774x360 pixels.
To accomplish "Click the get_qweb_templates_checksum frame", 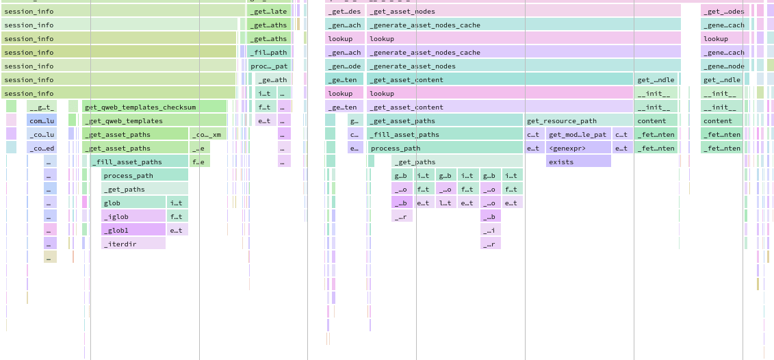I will pos(154,107).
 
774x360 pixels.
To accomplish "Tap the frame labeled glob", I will pos(133,203).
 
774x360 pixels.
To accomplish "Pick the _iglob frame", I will pos(133,216).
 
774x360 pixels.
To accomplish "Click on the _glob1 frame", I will pos(133,230).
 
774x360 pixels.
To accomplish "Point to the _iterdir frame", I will pos(133,244).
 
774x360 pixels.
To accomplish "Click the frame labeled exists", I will pos(578,162).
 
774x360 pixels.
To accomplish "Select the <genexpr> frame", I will pos(578,148).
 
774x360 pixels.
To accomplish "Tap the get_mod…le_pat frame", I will pos(578,134).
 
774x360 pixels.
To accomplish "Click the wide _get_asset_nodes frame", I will pos(524,11).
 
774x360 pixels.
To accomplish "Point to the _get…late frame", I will pos(269,11).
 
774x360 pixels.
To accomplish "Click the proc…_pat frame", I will pos(269,66).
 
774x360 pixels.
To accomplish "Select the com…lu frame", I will pos(42,120).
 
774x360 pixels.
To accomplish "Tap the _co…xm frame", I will pos(208,134).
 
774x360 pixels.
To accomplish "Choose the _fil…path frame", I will pos(269,52).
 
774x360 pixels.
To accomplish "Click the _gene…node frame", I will pos(723,66).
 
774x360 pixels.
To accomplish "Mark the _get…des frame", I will pos(344,11).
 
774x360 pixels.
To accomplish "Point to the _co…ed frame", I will pos(42,148).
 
